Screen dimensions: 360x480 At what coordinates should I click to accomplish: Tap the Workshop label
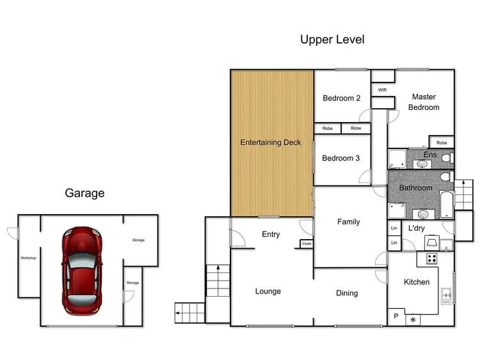pos(28,258)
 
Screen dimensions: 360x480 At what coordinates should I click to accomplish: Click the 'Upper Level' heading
pos(332,40)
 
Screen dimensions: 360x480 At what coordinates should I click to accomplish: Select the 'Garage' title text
pos(84,193)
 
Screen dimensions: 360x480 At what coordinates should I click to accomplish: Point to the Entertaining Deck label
pos(270,142)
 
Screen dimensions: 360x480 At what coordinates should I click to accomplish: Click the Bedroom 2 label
pos(341,98)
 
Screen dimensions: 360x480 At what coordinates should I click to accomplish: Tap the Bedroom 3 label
pos(341,158)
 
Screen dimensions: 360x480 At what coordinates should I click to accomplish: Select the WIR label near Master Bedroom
pos(383,90)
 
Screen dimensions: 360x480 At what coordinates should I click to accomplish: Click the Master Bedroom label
pos(424,102)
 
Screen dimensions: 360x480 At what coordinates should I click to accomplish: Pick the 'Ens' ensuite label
pos(430,155)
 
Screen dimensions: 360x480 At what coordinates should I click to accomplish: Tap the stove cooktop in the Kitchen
pos(432,259)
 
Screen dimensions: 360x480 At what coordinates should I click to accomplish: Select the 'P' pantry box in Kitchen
pos(396,317)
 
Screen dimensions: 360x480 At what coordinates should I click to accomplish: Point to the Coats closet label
pos(307,244)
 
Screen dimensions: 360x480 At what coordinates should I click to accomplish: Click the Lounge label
pos(268,292)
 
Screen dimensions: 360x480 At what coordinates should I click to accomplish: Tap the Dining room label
pos(347,293)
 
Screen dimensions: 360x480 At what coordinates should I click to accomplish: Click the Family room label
pos(348,222)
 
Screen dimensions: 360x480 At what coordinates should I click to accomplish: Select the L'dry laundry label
pos(417,228)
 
